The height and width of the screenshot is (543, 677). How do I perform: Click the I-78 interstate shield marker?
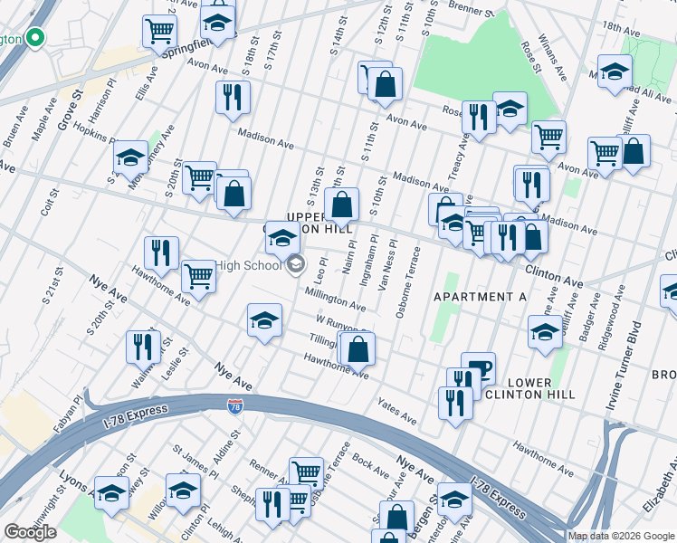(x=234, y=408)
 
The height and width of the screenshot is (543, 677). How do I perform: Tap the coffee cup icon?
(x=479, y=368)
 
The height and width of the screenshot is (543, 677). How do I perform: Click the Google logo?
(x=30, y=533)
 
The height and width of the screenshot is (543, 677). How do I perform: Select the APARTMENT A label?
(x=480, y=297)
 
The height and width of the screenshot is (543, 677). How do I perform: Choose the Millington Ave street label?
(x=335, y=298)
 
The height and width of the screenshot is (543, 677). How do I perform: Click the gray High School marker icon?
(x=295, y=264)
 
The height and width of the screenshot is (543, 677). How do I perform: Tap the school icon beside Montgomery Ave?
(x=130, y=157)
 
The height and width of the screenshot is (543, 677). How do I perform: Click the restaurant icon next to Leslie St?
(x=143, y=344)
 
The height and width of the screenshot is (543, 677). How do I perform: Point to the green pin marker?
(x=35, y=39)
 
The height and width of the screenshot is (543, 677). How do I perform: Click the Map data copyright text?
(x=622, y=536)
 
